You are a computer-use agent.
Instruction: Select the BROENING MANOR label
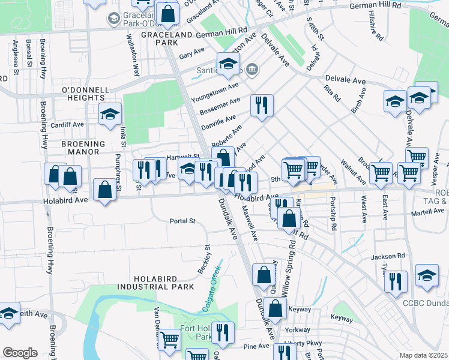[x=83, y=148]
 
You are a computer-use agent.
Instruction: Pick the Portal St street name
[x=183, y=221]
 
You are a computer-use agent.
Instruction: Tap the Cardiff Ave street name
[x=67, y=125]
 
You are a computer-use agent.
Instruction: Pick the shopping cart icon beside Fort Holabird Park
[x=169, y=340]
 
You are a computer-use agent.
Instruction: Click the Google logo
[x=20, y=353]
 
